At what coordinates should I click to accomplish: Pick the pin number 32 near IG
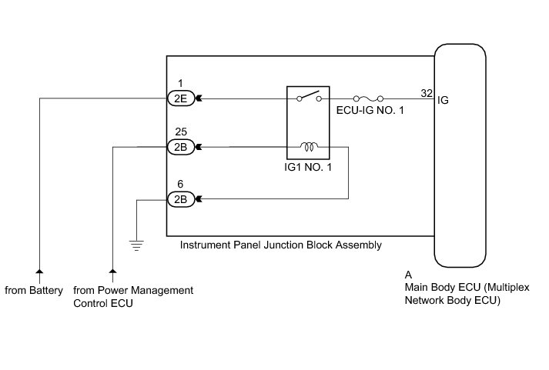(426, 92)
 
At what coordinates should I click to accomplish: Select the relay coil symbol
(310, 145)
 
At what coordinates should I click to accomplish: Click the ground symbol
(137, 245)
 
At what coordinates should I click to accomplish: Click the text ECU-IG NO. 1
(370, 112)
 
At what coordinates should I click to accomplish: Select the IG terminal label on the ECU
(444, 99)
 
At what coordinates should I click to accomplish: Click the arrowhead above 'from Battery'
(39, 272)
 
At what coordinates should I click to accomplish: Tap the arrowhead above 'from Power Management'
(113, 272)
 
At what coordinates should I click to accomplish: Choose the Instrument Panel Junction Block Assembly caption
(280, 245)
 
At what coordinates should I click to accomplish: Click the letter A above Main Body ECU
(408, 274)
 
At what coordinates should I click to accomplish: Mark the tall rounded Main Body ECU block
(460, 154)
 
